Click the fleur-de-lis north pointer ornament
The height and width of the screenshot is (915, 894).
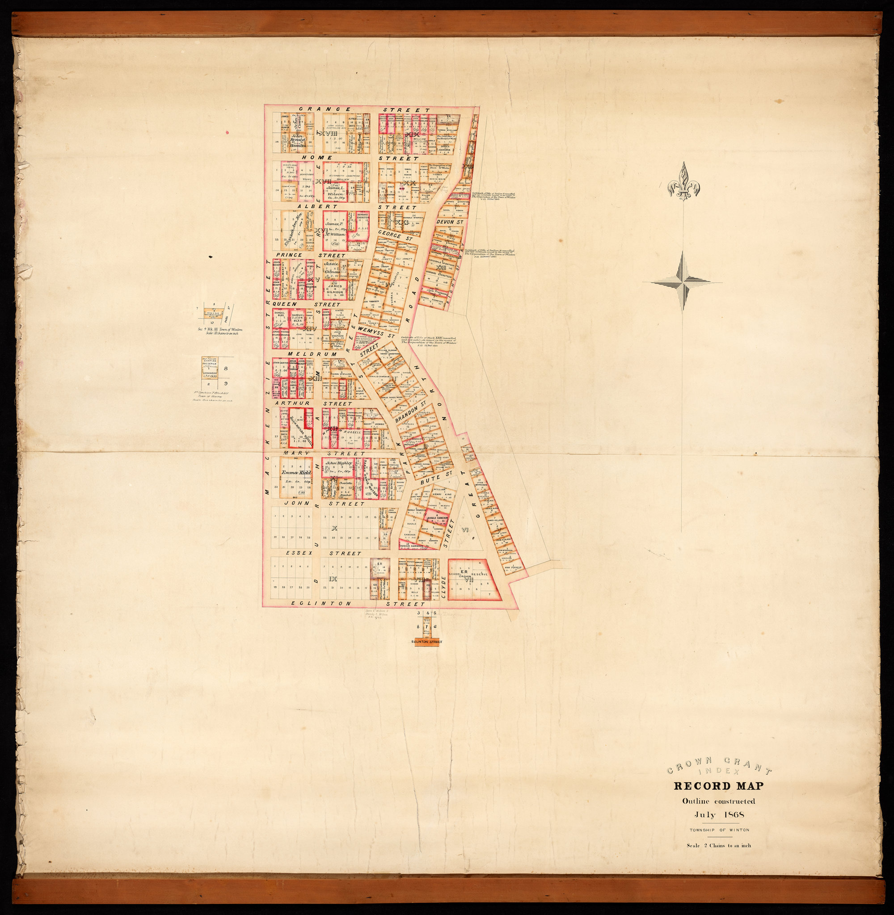[x=685, y=183]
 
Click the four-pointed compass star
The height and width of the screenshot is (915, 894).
[x=683, y=281]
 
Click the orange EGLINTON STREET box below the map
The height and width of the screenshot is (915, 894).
[x=426, y=642]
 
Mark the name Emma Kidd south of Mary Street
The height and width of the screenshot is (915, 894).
[x=297, y=473]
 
